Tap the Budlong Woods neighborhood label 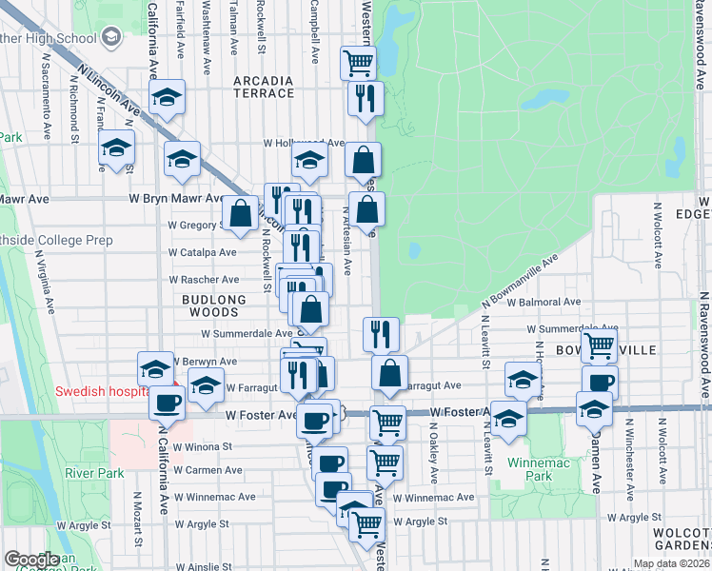tap(207, 299)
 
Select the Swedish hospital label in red tap(101, 390)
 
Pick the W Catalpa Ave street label tap(202, 252)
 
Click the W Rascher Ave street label tap(204, 280)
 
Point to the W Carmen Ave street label tap(208, 470)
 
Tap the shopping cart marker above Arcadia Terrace tap(358, 64)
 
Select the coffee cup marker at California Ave tap(168, 404)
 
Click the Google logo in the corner tap(30, 560)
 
